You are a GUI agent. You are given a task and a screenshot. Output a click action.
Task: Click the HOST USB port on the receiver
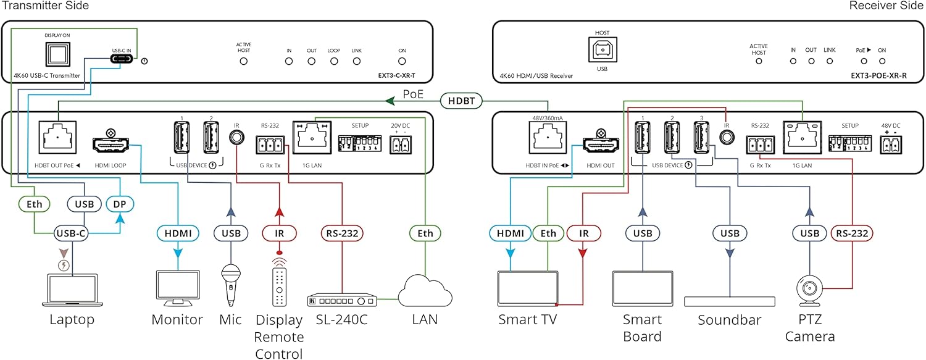tap(602, 52)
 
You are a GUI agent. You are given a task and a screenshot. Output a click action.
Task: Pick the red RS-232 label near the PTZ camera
tap(851, 233)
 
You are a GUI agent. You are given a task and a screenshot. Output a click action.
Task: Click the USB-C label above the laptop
tap(72, 233)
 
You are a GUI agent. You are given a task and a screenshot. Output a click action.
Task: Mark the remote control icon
tap(280, 283)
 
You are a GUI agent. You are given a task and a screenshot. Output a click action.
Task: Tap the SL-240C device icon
tap(342, 300)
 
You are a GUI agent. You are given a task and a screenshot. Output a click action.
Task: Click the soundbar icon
tap(730, 301)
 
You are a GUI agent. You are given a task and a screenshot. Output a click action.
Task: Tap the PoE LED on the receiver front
tap(864, 61)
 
